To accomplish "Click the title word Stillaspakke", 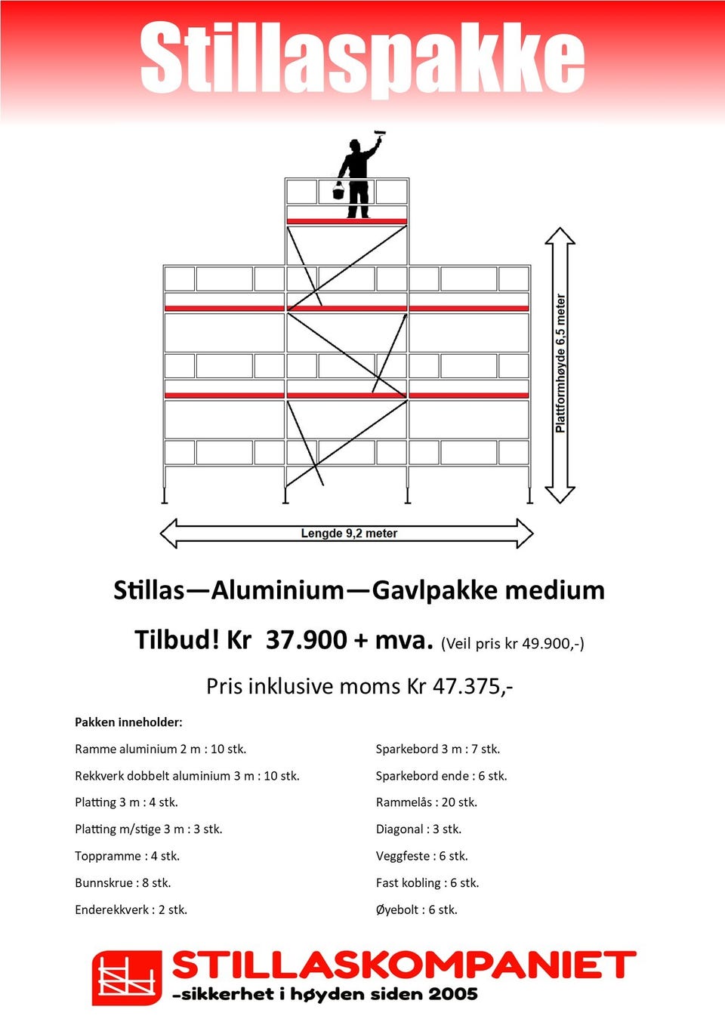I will [x=362, y=58].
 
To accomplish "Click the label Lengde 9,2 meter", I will [x=349, y=534].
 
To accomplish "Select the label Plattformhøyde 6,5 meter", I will [x=560, y=364].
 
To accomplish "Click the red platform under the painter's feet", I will [x=347, y=221].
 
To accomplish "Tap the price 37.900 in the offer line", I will [x=306, y=640].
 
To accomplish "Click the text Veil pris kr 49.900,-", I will [x=513, y=643].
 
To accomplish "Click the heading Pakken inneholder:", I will [x=128, y=722].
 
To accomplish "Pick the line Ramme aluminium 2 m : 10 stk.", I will [x=160, y=749].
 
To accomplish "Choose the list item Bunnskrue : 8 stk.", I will [x=122, y=883].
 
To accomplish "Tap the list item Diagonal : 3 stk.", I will [x=418, y=830].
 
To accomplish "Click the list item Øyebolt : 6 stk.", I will [x=416, y=910].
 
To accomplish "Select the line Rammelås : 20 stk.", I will [x=426, y=802].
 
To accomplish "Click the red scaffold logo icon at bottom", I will [x=126, y=977].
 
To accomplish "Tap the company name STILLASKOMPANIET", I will [x=404, y=965].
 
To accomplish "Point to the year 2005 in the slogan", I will [x=453, y=994].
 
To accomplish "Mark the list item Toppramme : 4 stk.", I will [x=127, y=856].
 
